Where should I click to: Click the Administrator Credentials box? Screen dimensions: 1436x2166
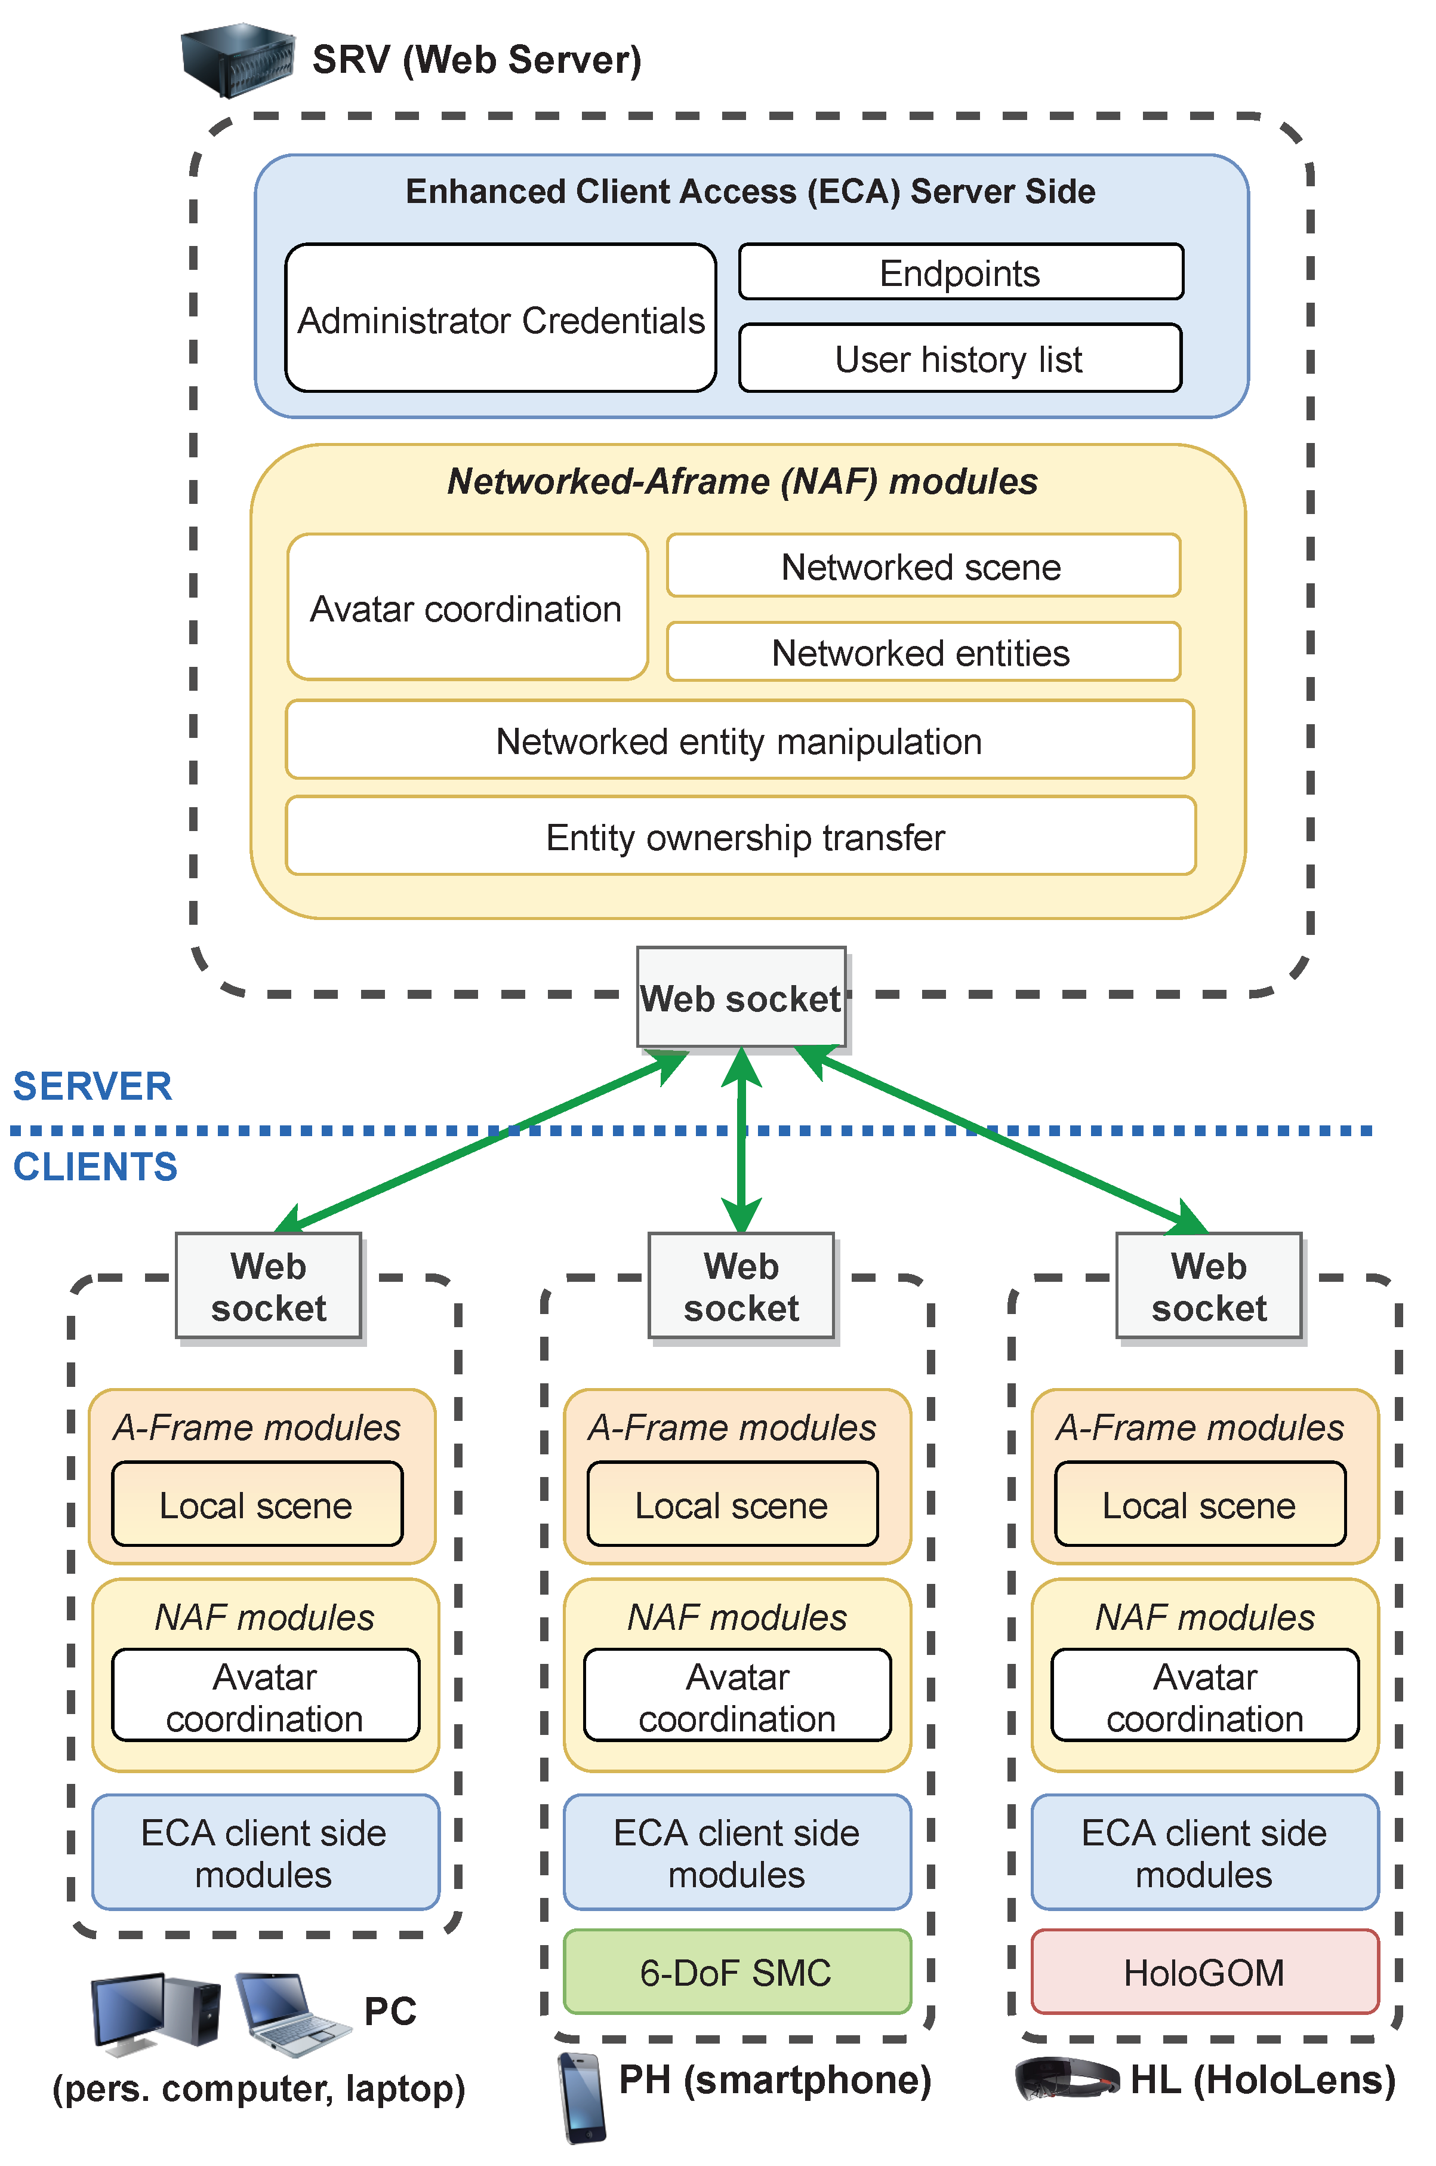click(500, 318)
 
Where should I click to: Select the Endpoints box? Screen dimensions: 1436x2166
click(961, 272)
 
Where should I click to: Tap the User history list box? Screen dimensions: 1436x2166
click(960, 358)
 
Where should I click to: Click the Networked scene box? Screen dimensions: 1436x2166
click(923, 566)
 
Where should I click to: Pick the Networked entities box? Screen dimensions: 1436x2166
click(923, 652)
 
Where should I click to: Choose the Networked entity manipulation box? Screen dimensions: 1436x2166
click(740, 740)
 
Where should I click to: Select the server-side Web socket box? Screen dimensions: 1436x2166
click(741, 998)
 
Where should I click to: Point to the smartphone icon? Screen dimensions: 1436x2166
click(581, 2097)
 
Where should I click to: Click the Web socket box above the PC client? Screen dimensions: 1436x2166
click(269, 1286)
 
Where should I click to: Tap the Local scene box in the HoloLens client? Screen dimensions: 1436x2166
click(1200, 1504)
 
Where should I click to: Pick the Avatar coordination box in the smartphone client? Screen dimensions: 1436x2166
click(737, 1696)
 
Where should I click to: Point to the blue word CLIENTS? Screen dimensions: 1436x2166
click(95, 1167)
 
